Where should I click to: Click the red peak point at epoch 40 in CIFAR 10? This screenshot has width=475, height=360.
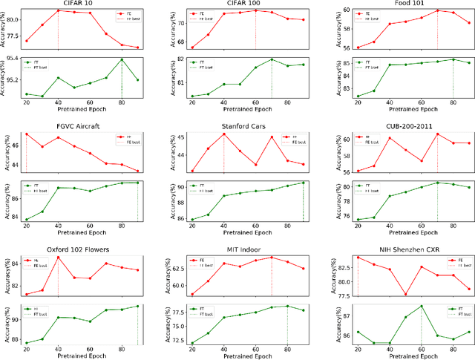pyautogui.click(x=58, y=10)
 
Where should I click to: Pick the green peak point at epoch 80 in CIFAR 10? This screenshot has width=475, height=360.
pyautogui.click(x=122, y=59)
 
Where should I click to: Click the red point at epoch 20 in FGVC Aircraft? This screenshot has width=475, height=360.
pyautogui.click(x=26, y=134)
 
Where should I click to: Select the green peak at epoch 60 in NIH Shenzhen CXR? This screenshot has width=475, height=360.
pyautogui.click(x=421, y=306)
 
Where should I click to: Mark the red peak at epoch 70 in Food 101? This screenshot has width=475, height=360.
pyautogui.click(x=437, y=10)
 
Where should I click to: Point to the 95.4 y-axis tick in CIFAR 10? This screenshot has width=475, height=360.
pyautogui.click(x=13, y=58)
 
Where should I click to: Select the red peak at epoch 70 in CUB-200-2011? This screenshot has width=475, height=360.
pyautogui.click(x=437, y=134)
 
